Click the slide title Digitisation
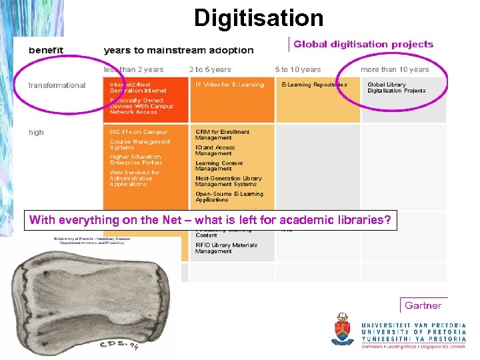point(259,17)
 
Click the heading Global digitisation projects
point(363,45)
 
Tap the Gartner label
point(423,306)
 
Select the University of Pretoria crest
point(343,329)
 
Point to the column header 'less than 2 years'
point(133,69)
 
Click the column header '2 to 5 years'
point(210,69)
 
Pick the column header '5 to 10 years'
point(298,69)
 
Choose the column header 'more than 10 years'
point(395,69)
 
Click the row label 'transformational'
point(57,85)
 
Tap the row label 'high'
point(36,132)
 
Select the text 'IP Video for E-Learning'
point(229,85)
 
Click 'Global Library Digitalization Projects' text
point(396,88)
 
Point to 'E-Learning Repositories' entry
point(314,85)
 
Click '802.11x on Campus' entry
point(139,132)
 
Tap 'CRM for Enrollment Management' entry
point(223,135)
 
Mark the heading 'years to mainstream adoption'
point(179,50)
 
